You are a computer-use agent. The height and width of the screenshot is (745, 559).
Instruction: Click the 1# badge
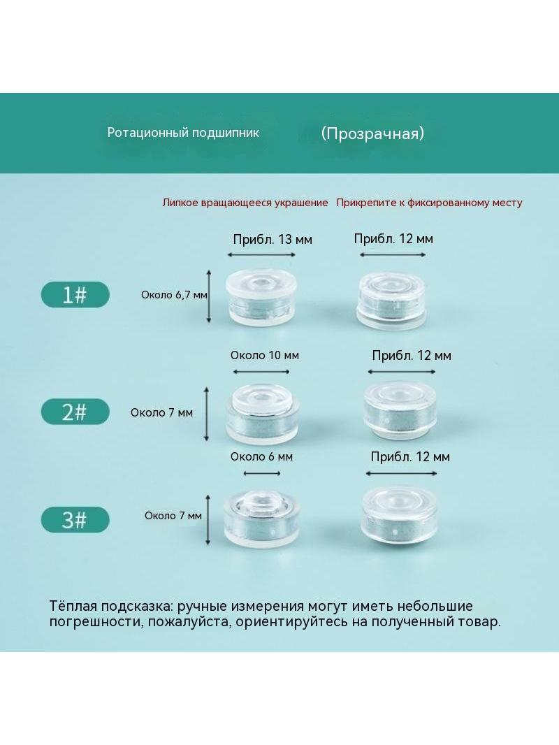75,295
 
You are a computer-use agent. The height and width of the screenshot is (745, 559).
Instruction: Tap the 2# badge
75,412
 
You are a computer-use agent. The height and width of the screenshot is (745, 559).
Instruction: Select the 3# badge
75,519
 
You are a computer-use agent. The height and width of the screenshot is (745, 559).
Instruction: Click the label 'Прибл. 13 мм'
273,240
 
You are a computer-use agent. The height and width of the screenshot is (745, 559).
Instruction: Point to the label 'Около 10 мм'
265,356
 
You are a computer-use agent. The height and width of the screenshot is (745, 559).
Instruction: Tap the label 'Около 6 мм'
261,456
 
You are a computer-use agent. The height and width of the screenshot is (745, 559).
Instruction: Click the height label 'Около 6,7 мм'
174,295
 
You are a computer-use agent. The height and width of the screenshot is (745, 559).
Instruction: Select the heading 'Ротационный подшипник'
183,133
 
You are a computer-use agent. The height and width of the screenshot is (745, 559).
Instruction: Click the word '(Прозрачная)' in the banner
372,133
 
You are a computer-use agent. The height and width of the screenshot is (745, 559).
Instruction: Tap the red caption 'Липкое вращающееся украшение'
245,203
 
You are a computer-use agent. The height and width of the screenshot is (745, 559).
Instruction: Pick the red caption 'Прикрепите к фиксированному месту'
429,203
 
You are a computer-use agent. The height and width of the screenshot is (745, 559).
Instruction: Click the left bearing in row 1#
262,297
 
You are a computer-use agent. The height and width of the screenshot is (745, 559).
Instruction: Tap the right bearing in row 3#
399,514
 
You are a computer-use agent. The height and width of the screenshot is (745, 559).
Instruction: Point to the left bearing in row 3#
262,519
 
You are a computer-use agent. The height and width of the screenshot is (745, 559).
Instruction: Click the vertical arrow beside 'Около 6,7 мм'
209,296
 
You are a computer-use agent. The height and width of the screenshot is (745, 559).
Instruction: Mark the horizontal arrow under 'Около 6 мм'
262,473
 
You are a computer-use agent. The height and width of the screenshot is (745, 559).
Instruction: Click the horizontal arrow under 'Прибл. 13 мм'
261,254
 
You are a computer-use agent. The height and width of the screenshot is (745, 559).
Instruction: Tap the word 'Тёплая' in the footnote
73,606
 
